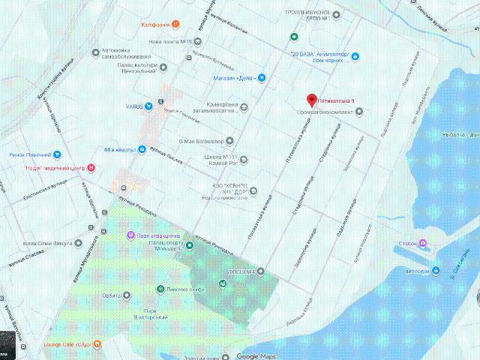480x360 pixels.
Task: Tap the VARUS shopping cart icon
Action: [x=149, y=106]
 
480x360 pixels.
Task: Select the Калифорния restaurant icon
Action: [x=175, y=24]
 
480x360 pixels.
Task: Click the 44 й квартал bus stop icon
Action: [x=142, y=149]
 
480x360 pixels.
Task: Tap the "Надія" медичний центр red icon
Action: [x=91, y=168]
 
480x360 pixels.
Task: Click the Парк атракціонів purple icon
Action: [x=130, y=235]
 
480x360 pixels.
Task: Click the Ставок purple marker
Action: [x=423, y=243]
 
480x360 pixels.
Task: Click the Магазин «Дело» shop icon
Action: [x=262, y=77]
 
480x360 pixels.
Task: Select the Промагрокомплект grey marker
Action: [x=359, y=112]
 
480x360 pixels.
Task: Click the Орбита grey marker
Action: [x=126, y=295]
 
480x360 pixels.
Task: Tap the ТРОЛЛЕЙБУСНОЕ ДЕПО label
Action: [x=313, y=17]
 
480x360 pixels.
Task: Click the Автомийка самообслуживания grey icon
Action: [x=95, y=52]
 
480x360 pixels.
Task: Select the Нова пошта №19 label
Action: [x=172, y=42]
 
